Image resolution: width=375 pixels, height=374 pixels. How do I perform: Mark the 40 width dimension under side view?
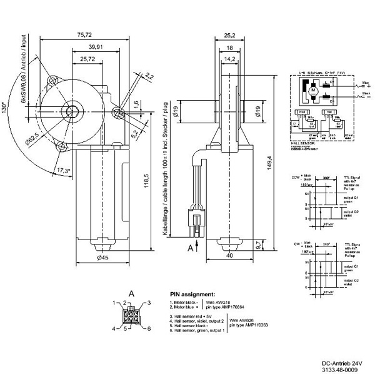click(229, 255)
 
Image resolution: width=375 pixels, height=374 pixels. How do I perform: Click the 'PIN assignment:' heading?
click(192, 293)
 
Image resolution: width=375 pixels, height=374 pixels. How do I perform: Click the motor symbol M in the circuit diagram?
click(314, 93)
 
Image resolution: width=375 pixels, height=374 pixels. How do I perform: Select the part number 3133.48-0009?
click(340, 370)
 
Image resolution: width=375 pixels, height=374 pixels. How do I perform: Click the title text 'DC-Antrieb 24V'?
click(340, 363)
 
